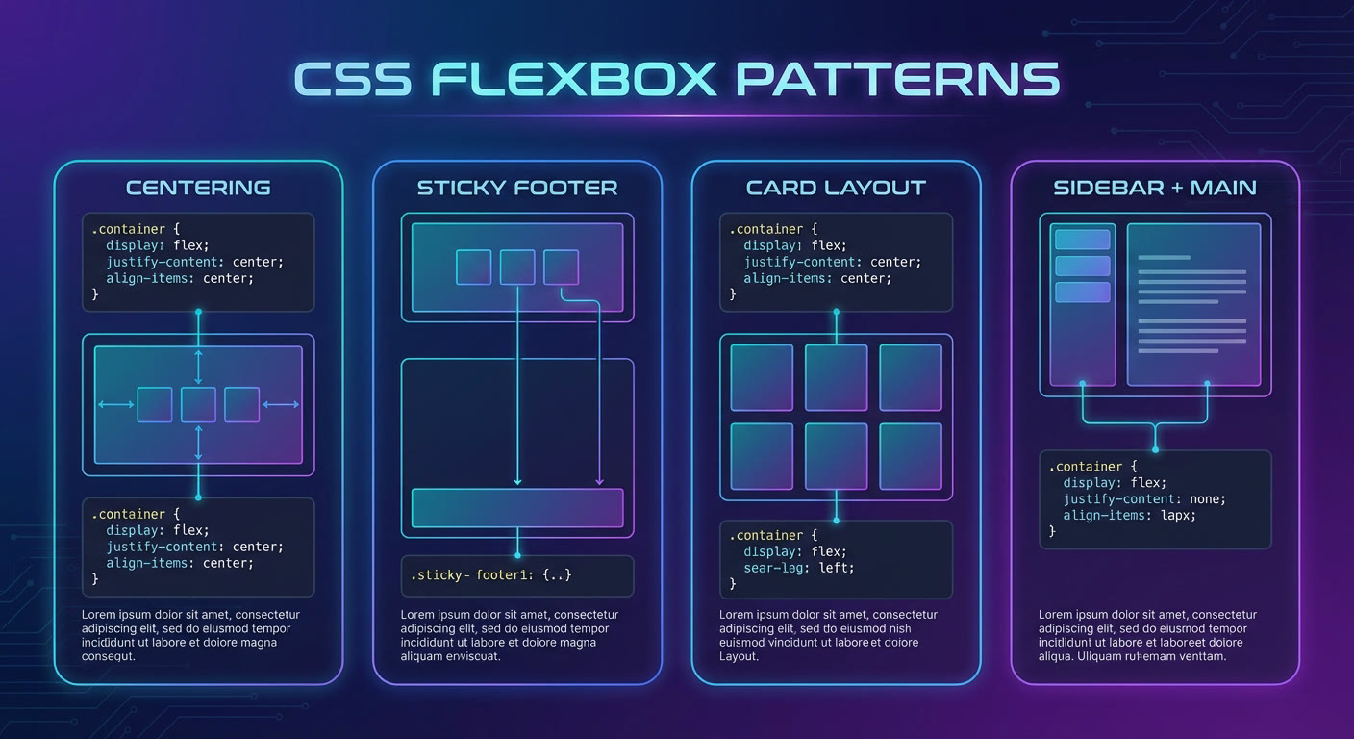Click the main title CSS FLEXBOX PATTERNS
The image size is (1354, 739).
point(677,79)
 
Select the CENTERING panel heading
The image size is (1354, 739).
point(198,188)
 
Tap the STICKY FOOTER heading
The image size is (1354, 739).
point(517,188)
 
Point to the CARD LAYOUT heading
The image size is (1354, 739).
point(836,188)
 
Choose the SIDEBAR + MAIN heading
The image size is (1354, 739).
point(1155,188)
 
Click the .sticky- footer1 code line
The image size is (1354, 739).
point(490,574)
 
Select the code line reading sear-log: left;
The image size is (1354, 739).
point(798,568)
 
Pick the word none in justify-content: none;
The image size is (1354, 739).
point(1207,498)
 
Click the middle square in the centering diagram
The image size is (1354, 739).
point(198,404)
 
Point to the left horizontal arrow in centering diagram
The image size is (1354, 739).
point(116,404)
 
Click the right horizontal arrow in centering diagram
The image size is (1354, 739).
point(281,404)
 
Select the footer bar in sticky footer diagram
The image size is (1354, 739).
point(517,508)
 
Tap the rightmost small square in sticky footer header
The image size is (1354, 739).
point(561,267)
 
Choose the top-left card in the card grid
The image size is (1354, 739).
point(762,377)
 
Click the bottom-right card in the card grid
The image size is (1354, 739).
point(911,456)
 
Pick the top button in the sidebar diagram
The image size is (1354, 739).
point(1083,240)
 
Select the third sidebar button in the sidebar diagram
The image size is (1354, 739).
point(1083,293)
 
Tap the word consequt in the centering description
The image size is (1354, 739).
point(109,657)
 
